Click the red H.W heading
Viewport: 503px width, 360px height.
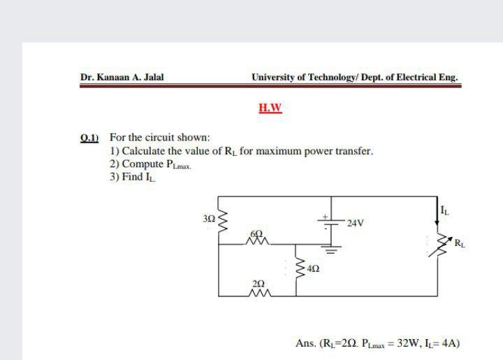[x=269, y=108]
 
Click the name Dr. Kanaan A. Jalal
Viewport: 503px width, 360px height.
[x=122, y=78]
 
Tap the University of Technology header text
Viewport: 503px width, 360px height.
[x=356, y=78]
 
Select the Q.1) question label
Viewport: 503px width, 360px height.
[x=91, y=138]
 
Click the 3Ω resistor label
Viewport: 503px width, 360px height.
[x=208, y=219]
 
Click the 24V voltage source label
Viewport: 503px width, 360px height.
[x=356, y=224]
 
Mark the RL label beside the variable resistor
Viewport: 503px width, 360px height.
[x=458, y=244]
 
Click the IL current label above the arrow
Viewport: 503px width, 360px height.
[x=445, y=204]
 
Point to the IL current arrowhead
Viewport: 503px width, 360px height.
[x=439, y=219]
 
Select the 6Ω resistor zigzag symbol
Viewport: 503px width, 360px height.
[x=256, y=242]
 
